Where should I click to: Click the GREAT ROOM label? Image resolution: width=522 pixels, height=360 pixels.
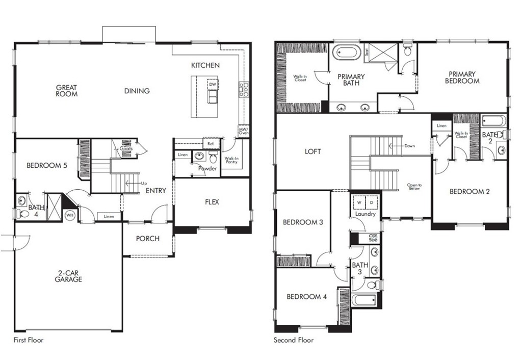[67, 91]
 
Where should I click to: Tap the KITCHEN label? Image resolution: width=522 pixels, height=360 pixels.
[205, 65]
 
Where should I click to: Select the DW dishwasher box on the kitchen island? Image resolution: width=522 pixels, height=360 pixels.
[213, 84]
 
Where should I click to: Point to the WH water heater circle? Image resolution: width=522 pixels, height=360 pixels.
[69, 215]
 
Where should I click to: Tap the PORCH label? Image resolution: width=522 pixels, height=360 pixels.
[148, 239]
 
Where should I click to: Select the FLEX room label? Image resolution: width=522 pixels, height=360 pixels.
[212, 202]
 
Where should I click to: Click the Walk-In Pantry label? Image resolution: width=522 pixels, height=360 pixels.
[231, 160]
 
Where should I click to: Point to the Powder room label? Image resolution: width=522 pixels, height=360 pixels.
[207, 168]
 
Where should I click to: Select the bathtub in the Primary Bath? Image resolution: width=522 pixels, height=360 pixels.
[347, 53]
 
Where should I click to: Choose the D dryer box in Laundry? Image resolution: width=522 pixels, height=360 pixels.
[371, 202]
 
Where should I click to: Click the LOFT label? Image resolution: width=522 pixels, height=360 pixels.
[313, 151]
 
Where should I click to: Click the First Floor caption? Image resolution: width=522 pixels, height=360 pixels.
[28, 340]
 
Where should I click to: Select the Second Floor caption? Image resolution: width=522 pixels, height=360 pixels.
[294, 340]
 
